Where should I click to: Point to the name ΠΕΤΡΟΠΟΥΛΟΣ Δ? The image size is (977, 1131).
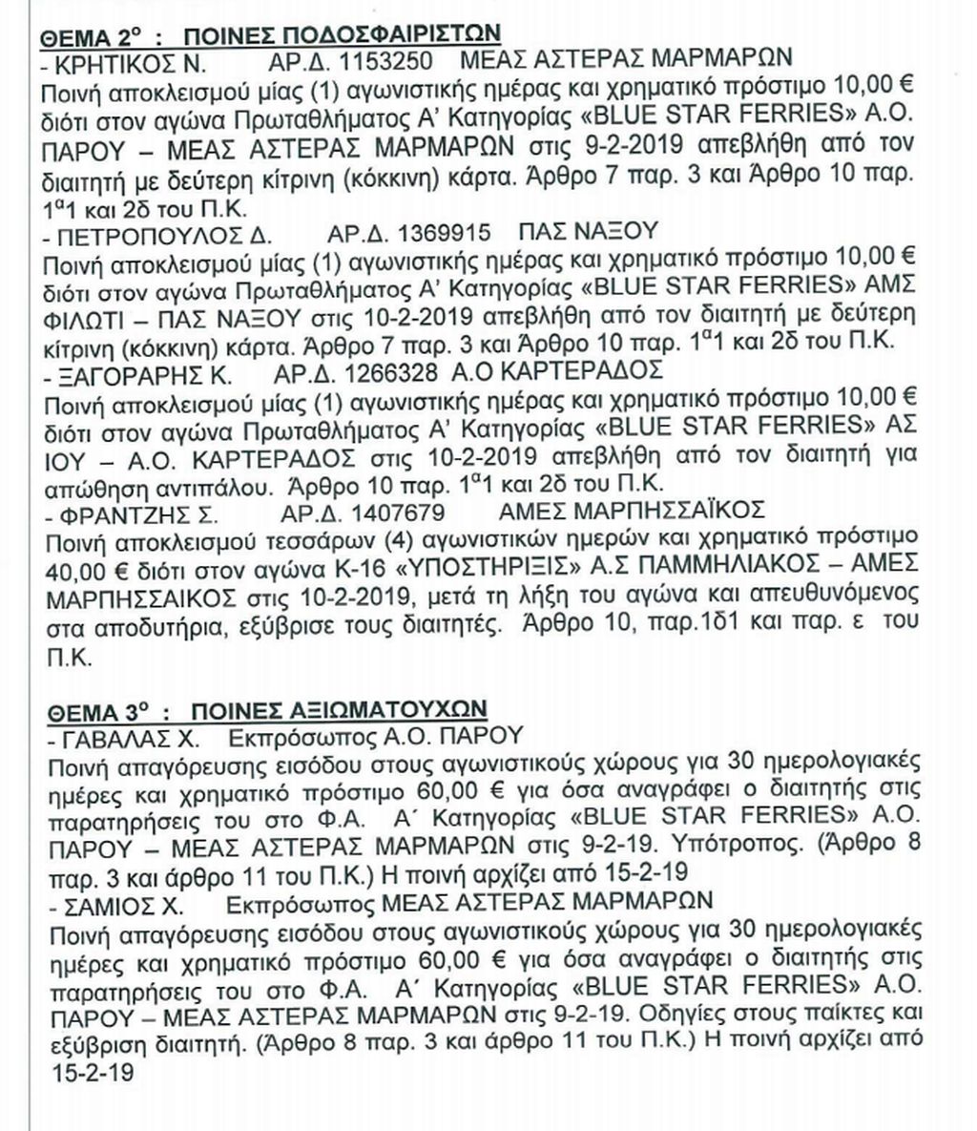[160, 234]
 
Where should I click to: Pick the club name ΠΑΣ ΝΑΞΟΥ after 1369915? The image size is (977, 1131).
[588, 234]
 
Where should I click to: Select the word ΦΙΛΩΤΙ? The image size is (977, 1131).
[92, 315]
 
